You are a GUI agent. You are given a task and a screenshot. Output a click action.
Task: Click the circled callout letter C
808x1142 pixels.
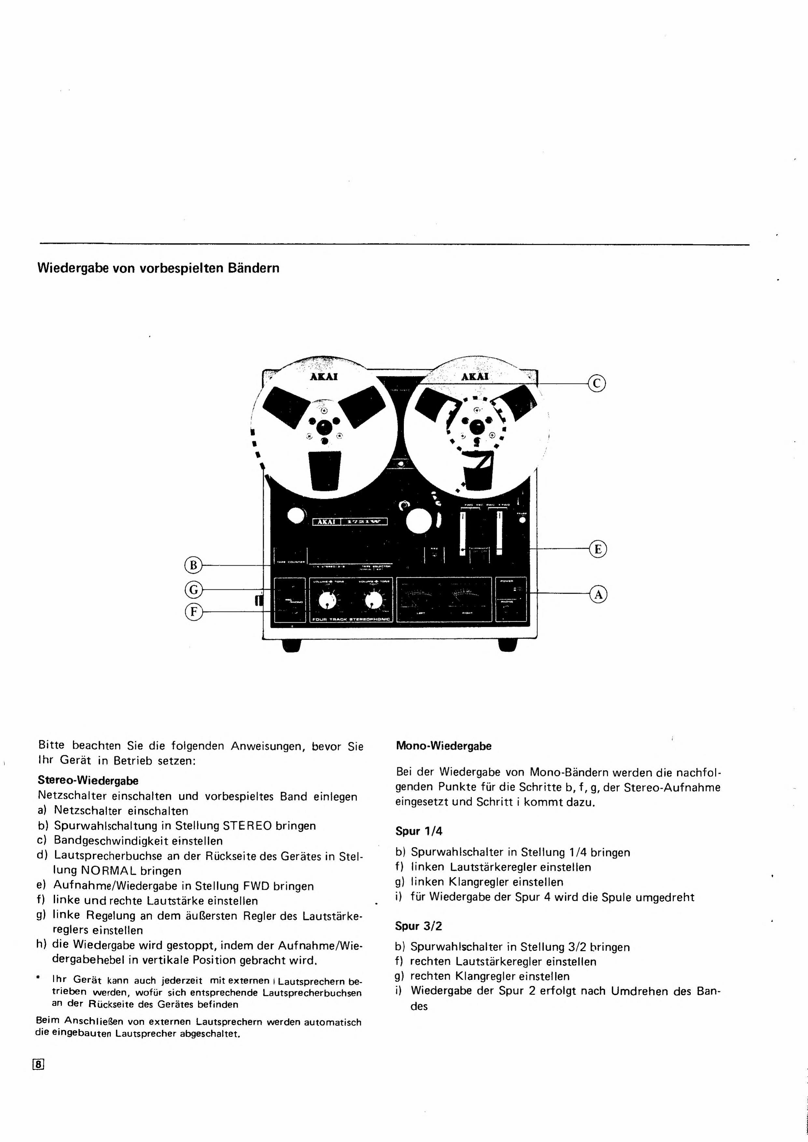pos(597,384)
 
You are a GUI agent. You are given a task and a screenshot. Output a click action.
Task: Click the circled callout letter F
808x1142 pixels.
pos(193,611)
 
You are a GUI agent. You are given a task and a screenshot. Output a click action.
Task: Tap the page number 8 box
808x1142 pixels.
pos(39,1064)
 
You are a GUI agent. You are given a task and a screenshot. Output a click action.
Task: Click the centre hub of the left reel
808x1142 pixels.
pos(324,427)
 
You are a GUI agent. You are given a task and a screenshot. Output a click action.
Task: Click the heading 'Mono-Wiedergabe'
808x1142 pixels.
pos(443,746)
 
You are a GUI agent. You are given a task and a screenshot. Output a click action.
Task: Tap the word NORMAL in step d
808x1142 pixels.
pos(106,871)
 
